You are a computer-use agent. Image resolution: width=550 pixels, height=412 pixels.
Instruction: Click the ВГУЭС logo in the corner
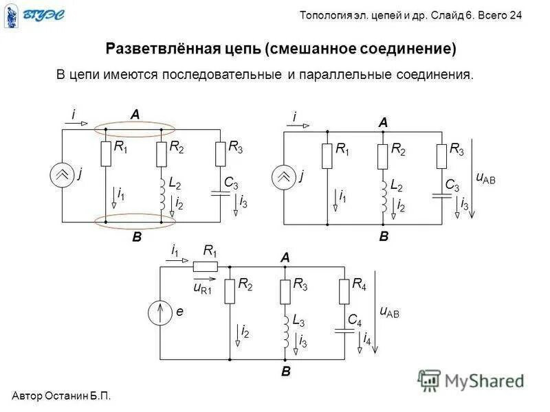33,16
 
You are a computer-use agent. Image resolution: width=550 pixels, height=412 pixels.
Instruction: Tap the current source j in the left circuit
63,176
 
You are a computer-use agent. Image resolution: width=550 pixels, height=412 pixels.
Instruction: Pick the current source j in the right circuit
284,177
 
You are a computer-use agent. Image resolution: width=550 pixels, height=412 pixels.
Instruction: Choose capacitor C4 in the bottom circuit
343,330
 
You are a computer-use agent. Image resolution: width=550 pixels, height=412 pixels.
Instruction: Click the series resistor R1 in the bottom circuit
206,266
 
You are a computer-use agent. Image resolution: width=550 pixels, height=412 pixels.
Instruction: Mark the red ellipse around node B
135,221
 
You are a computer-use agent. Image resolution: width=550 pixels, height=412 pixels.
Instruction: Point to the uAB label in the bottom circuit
389,311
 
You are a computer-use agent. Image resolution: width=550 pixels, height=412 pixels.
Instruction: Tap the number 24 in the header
515,16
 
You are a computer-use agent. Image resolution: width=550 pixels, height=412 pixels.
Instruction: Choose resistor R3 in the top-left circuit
220,154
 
